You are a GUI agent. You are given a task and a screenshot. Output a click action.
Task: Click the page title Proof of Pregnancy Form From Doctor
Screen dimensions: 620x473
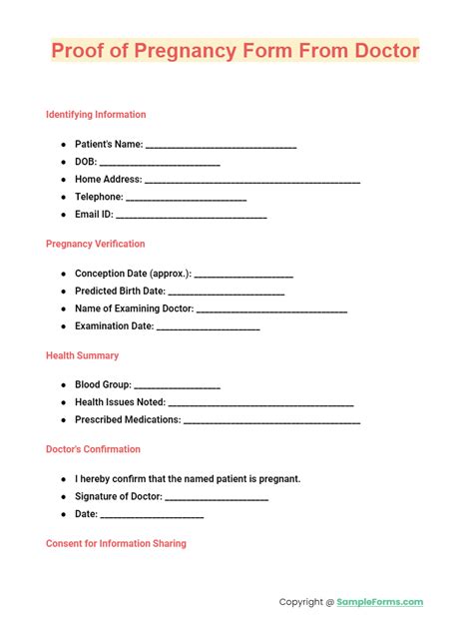(x=236, y=51)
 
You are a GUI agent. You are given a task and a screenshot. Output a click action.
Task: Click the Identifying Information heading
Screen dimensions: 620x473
(x=96, y=115)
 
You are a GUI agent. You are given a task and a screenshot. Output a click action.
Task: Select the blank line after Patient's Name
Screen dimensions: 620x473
(x=221, y=146)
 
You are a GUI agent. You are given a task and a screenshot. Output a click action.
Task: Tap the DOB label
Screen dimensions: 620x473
(x=84, y=162)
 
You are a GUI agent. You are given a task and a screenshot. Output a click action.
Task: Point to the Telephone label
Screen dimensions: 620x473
(x=98, y=197)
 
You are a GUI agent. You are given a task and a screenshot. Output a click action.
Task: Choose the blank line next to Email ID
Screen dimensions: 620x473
(x=192, y=215)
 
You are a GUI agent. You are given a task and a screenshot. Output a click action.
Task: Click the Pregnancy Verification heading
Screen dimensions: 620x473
(x=95, y=244)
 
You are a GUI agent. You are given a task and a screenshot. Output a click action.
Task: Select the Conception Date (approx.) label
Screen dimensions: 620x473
(x=133, y=274)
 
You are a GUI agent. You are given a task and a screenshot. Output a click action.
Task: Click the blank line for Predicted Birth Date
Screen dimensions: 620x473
(x=227, y=293)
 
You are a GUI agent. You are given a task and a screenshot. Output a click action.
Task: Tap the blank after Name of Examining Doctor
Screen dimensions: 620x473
(x=271, y=310)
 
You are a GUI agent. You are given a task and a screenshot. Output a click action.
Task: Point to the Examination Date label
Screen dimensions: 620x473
(x=114, y=325)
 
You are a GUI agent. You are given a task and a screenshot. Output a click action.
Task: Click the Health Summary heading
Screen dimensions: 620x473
(x=82, y=355)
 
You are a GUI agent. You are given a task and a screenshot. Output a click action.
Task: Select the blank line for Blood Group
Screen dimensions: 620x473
(x=177, y=385)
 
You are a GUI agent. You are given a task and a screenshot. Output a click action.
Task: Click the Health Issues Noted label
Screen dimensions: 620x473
(x=120, y=402)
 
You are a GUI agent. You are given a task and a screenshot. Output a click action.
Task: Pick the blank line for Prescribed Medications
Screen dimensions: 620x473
(x=272, y=421)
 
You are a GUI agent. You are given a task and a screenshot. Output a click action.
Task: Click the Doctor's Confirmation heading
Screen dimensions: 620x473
(x=93, y=449)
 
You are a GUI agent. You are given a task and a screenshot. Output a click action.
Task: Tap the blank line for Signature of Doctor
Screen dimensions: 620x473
(x=217, y=498)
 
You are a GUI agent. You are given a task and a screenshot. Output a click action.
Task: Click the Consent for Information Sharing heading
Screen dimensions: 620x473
(x=116, y=543)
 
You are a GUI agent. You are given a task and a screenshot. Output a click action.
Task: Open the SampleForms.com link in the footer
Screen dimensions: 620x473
(x=380, y=602)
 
